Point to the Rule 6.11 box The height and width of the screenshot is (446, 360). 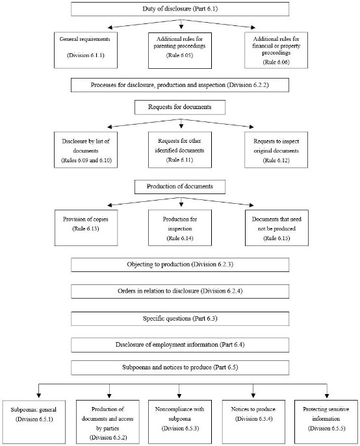click(x=176, y=149)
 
